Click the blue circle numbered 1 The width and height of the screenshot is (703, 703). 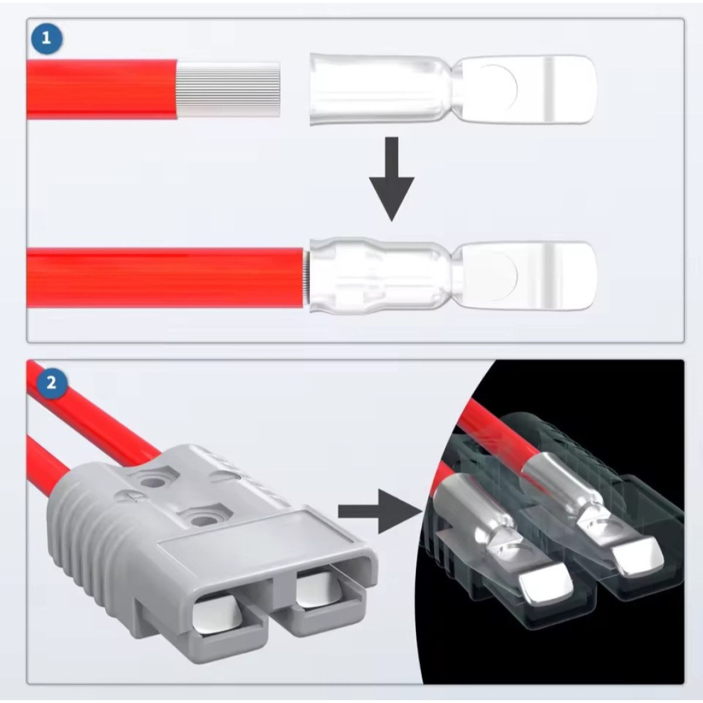pyautogui.click(x=46, y=39)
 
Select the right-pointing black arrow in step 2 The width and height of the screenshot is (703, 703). pyautogui.click(x=380, y=511)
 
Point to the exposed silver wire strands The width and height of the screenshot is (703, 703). pyautogui.click(x=228, y=90)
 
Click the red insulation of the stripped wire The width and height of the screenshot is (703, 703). pyautogui.click(x=102, y=90)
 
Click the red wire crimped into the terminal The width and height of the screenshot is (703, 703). pyautogui.click(x=166, y=278)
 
